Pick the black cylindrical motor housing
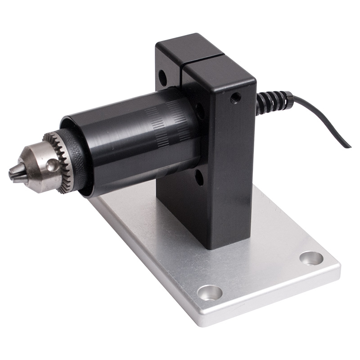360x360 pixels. point(130,139)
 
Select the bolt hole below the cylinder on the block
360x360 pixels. point(198,178)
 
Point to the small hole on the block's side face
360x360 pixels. point(235,98)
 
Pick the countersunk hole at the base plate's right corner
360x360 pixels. point(311,258)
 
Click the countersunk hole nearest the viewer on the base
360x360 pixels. point(210,292)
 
